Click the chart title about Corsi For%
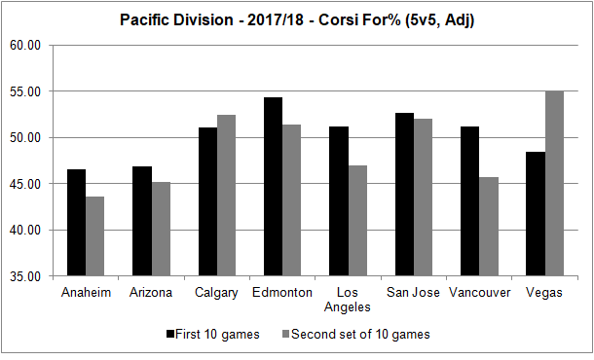(296, 18)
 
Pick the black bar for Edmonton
(273, 187)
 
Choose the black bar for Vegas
(535, 214)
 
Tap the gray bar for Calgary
(226, 196)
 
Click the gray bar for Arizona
(161, 229)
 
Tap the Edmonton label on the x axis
(281, 292)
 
